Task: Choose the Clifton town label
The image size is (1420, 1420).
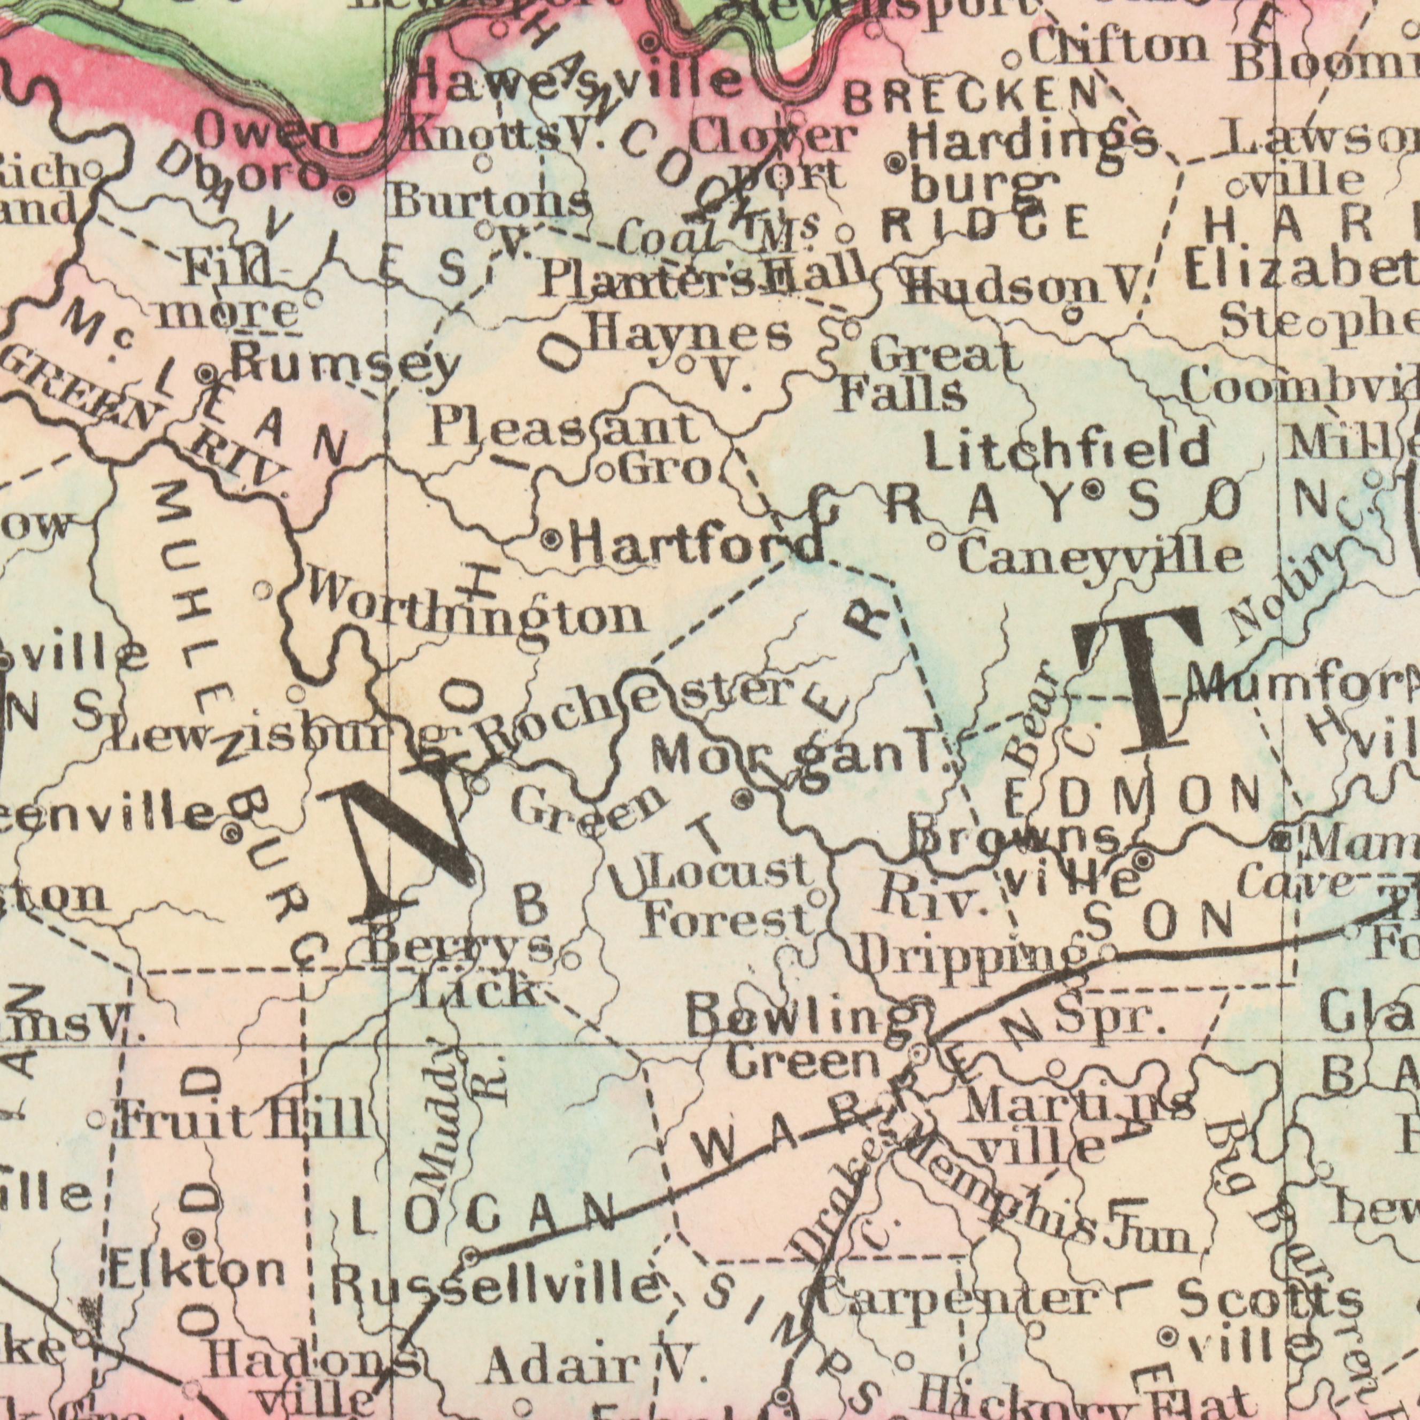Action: pyautogui.click(x=1116, y=50)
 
